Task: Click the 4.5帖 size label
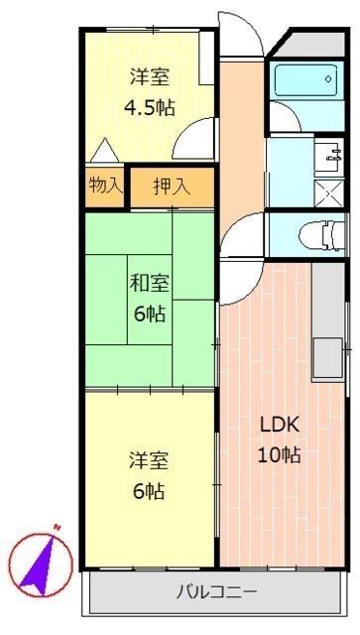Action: point(149,108)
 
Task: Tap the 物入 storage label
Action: point(105,186)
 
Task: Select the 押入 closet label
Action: point(172,187)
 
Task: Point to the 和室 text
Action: point(150,283)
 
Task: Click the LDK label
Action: point(280,425)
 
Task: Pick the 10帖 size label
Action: point(280,455)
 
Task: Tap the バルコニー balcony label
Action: point(216,593)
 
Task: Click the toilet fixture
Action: point(322,235)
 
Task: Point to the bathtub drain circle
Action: point(328,79)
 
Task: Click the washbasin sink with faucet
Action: point(329,157)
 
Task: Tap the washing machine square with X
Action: point(329,193)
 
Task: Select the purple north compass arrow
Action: point(39,566)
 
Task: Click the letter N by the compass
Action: point(57,528)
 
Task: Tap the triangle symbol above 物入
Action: point(105,150)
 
